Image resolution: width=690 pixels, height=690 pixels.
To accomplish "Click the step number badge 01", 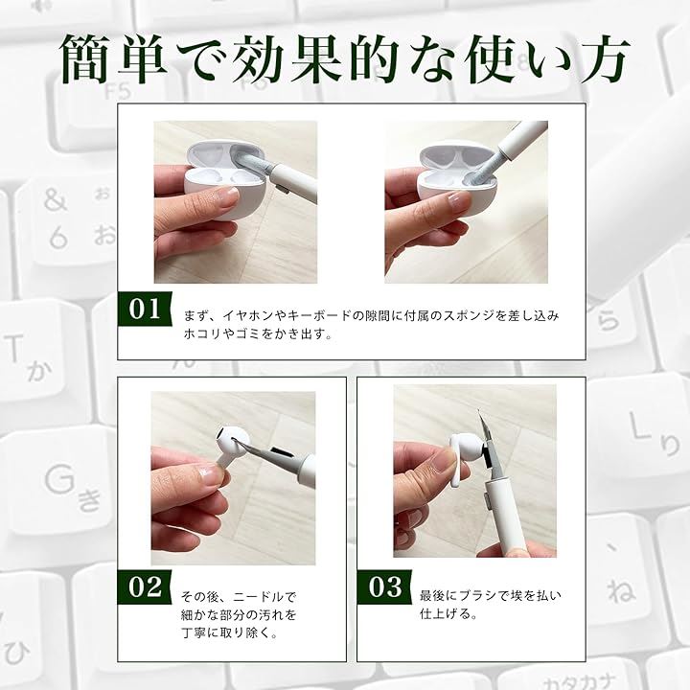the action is point(145,309).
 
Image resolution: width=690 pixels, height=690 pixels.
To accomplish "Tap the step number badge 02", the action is point(145,587).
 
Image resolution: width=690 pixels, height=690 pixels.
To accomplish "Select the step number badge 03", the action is point(384,587).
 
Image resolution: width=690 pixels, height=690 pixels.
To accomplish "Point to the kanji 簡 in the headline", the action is point(86,58).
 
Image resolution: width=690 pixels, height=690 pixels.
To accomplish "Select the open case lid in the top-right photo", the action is point(457,155).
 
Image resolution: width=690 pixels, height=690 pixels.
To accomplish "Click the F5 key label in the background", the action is point(119,92).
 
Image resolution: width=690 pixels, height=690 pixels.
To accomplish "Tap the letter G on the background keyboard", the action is point(59,478).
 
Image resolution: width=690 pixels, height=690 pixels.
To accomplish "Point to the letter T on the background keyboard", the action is point(13,348).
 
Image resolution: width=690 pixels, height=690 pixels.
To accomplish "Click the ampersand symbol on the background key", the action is point(56,200).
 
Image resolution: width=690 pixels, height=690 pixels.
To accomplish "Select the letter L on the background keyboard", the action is point(639,425).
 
